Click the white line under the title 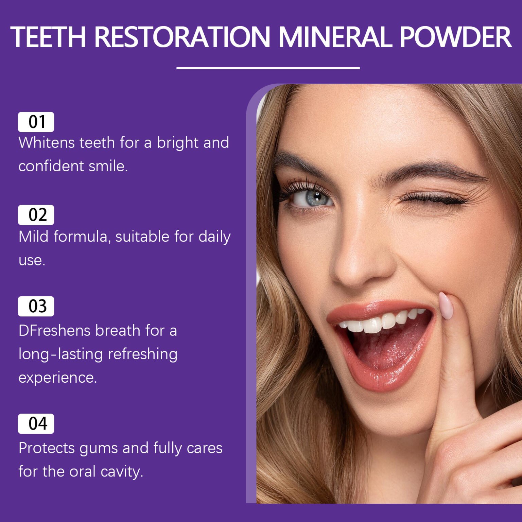pyautogui.click(x=268, y=68)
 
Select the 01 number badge pyautogui.click(x=36, y=122)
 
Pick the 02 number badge pyautogui.click(x=36, y=215)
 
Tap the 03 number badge pyautogui.click(x=36, y=306)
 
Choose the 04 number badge pyautogui.click(x=36, y=423)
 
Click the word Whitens pyautogui.click(x=47, y=143)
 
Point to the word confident pyautogui.click(x=51, y=166)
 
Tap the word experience pyautogui.click(x=57, y=378)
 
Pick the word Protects pyautogui.click(x=46, y=448)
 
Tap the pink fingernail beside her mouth pyautogui.click(x=446, y=305)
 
